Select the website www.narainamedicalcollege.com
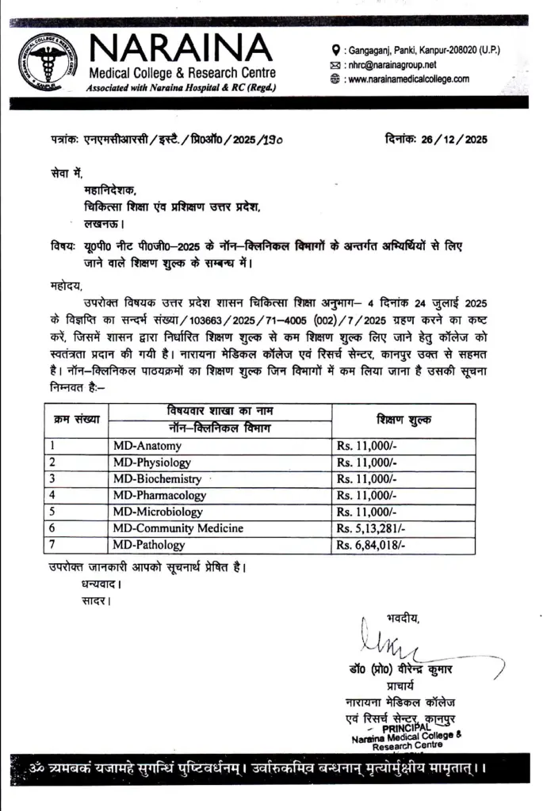pos(408,79)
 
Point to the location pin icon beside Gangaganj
pos(336,49)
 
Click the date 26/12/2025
pos(456,139)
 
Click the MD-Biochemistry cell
pos(157,478)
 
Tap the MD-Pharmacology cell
pos(159,495)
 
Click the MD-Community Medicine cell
pos(178,527)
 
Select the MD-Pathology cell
pos(149,544)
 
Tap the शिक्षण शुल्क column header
pos(404,420)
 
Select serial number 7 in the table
pos(52,544)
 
